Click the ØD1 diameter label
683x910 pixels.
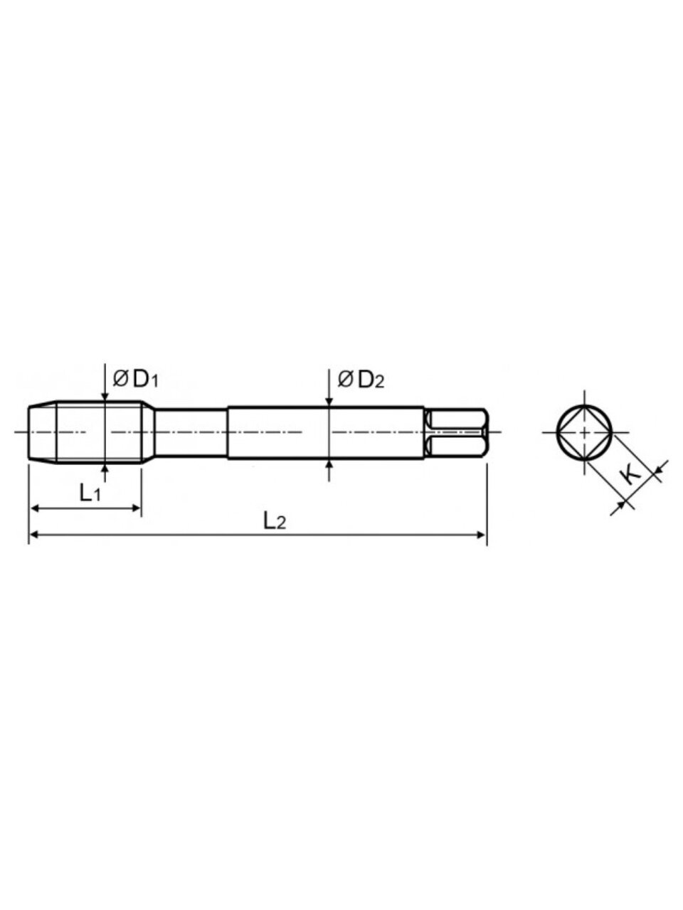136,380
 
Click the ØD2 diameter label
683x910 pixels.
361,380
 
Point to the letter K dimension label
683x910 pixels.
632,477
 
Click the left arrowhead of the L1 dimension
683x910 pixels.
36,508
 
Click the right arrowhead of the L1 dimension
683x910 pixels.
136,508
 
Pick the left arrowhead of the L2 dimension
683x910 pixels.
36,535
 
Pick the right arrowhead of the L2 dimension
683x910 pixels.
481,535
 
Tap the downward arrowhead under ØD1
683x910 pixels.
105,396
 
